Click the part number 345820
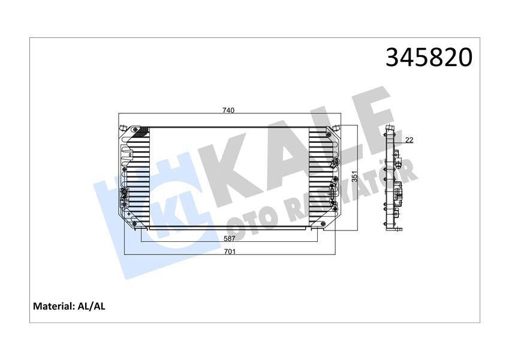click(x=429, y=58)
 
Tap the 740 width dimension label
click(x=228, y=110)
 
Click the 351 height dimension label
click(x=354, y=178)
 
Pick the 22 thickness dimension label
click(x=409, y=140)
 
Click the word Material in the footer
click(x=53, y=307)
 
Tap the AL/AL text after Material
click(x=92, y=307)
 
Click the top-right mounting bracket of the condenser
click(x=337, y=128)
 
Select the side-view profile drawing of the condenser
click(x=393, y=180)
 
